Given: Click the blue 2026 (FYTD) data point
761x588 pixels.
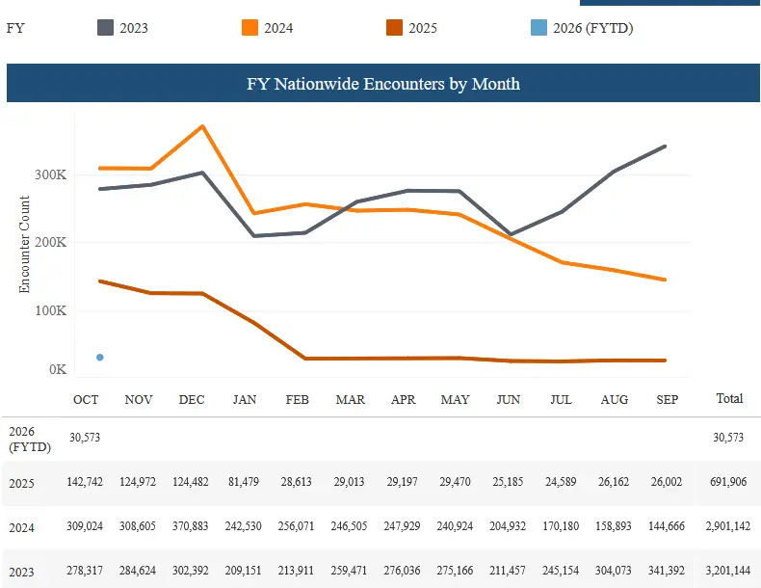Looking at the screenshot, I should point(100,358).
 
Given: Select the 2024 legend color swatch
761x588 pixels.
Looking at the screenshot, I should point(249,28).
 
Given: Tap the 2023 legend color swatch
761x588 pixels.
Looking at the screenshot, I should point(105,28).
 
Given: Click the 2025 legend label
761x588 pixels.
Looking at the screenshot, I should point(423,28).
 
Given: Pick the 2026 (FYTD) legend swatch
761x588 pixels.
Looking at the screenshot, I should point(538,28).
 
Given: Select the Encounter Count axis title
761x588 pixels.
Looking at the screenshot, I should point(25,245).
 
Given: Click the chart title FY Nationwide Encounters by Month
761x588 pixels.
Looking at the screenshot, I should point(382,84).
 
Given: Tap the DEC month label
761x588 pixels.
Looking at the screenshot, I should point(192,399).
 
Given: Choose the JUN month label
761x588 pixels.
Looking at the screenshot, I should point(509,399).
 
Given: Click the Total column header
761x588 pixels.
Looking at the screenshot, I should point(729,398).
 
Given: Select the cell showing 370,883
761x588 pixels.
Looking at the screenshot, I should point(192,527).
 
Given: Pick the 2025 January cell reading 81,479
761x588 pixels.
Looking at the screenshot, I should point(245,482).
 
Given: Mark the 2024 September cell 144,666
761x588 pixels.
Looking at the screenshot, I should point(667,527).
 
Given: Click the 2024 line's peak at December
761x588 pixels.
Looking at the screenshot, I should point(202,126).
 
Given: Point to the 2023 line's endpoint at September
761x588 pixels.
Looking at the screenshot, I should point(666,147).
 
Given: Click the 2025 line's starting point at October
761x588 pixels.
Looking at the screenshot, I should point(100,281).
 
